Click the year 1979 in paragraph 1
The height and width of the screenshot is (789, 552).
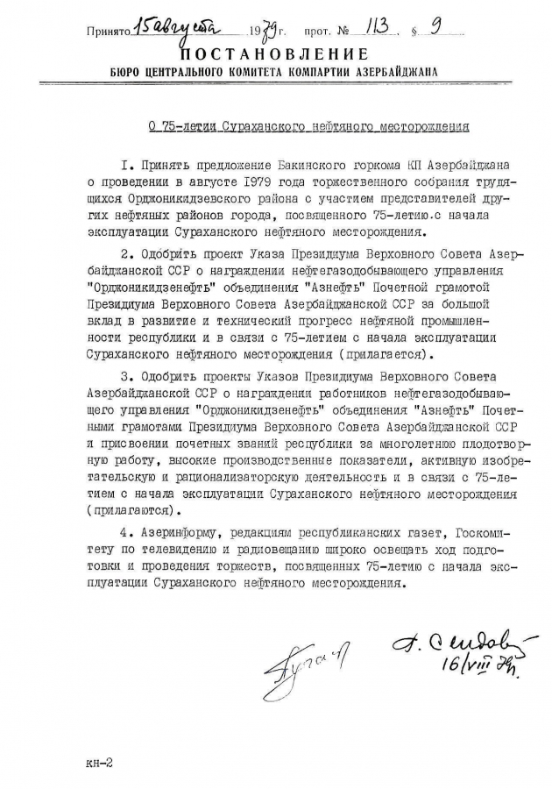(x=236, y=183)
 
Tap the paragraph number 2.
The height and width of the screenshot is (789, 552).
(x=129, y=253)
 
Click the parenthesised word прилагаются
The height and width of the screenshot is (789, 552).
(x=133, y=509)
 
